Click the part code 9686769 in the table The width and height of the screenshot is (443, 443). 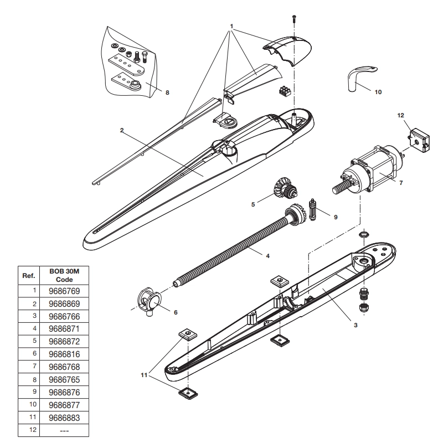click(x=64, y=290)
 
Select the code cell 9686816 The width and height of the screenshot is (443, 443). click(x=64, y=353)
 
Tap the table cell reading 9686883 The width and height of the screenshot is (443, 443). click(x=64, y=416)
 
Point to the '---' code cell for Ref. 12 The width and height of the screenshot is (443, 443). click(x=64, y=429)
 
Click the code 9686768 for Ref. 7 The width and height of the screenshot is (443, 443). click(x=64, y=365)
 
